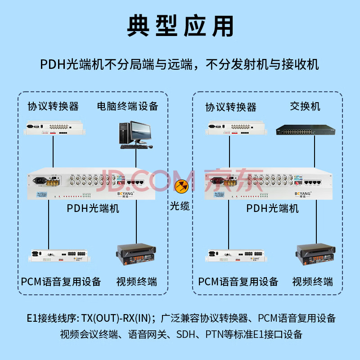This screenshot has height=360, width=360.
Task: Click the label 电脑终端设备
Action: tap(128, 107)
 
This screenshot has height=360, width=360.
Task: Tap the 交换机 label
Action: tap(305, 107)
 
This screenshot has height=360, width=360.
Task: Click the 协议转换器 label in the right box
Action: tap(231, 107)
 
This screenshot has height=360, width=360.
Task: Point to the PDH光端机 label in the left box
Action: tap(93, 208)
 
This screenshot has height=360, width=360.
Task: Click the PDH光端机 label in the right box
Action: tap(273, 208)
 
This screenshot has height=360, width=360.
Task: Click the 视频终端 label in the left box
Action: tap(137, 282)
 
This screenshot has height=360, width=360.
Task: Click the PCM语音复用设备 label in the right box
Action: tap(238, 282)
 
